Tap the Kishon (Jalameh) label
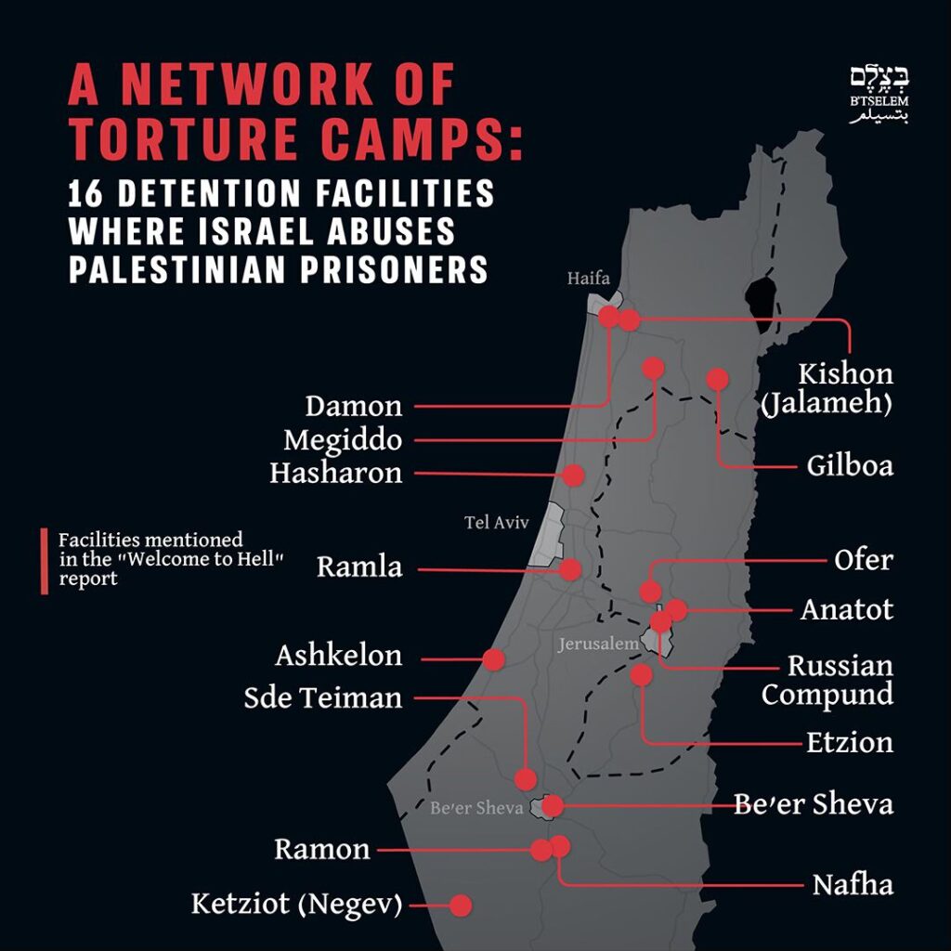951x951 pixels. pos(845,388)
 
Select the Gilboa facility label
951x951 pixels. pos(850,464)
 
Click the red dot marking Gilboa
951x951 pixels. pos(717,379)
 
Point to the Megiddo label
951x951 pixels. pos(343,439)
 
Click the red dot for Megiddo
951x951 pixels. pos(653,368)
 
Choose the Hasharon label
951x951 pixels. pos(335,474)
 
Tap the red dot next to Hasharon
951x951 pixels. pos(573,475)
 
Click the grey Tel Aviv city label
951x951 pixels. pos(496,523)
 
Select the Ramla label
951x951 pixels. pos(359,567)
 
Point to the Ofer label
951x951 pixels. pos(864,560)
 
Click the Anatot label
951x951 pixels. pos(847,609)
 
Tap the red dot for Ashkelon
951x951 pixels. pos(493,659)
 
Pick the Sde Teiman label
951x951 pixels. pos(323,697)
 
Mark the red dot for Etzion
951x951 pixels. pos(641,675)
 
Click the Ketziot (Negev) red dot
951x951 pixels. pos(460,905)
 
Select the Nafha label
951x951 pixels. pos(853,885)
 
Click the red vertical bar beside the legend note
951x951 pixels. pos(44,560)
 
